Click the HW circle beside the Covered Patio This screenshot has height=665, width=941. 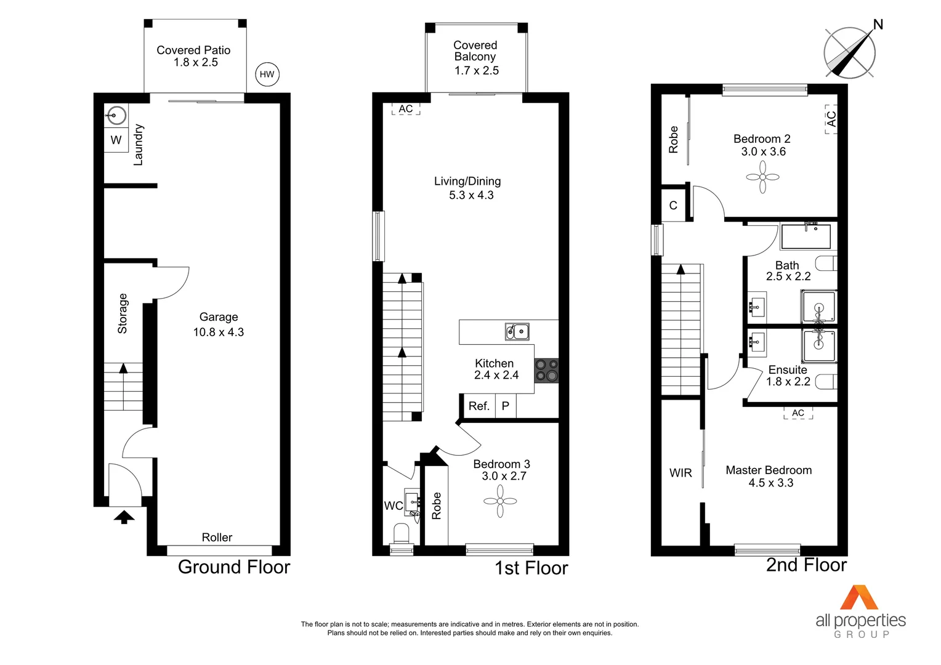coord(267,75)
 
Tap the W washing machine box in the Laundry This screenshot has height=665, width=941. coord(116,140)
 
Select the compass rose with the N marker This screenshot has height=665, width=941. coord(850,52)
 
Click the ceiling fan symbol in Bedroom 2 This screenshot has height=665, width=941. coord(762,177)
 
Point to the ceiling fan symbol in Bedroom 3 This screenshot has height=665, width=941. coord(500,501)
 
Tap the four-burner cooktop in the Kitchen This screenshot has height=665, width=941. coord(546,370)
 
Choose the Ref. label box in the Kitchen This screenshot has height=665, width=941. coord(479,406)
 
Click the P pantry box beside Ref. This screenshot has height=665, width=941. coord(506,406)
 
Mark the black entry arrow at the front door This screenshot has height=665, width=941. coord(124,517)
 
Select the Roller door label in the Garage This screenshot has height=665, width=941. coord(217,538)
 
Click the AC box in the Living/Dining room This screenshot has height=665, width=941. coord(406,109)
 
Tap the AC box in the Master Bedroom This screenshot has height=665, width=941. coord(798,413)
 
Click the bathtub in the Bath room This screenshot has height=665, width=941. coord(806,236)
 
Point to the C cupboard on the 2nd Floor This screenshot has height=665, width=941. coord(673,205)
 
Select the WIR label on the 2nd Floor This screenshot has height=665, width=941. coord(681,473)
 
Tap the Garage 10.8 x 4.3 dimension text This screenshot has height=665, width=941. coord(219,332)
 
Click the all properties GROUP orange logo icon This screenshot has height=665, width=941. coord(859,597)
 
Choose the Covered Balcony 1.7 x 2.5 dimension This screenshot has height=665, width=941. coord(477,71)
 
